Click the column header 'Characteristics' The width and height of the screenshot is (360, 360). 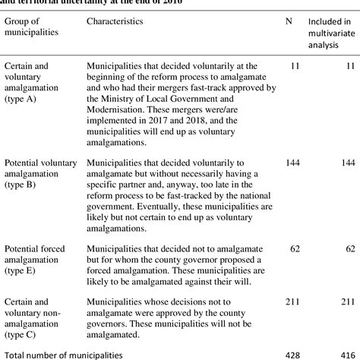pos(115,21)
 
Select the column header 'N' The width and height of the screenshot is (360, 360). pos(289,21)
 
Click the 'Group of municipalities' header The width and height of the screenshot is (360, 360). pos(27,27)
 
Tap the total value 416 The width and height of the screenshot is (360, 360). pos(346,354)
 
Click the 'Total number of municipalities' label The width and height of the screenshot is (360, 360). pos(63,354)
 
